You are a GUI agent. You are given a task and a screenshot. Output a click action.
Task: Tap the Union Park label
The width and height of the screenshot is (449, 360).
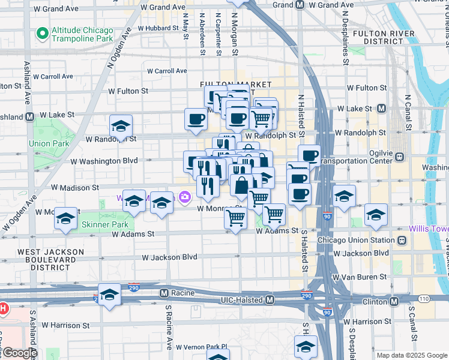tap(48, 143)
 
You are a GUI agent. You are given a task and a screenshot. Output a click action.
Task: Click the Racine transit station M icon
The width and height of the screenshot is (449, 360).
tap(163, 293)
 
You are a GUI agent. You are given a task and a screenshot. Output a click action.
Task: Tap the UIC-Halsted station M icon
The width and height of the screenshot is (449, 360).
tap(270, 299)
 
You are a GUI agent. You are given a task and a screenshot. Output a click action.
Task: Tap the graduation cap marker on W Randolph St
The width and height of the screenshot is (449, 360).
tap(121, 126)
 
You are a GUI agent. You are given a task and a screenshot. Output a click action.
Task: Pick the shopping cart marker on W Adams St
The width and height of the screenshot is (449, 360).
tap(235, 218)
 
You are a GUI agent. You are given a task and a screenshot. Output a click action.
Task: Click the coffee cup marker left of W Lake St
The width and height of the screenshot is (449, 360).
tap(196, 119)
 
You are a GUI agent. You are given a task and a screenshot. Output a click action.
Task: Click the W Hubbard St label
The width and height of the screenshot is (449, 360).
tap(158, 28)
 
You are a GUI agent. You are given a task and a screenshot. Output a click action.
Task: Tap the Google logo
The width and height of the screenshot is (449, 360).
tap(19, 353)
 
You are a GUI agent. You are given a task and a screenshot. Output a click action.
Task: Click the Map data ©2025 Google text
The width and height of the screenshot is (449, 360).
tap(412, 355)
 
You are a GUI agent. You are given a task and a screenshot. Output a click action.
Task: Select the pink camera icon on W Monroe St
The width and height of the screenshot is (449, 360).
tap(184, 196)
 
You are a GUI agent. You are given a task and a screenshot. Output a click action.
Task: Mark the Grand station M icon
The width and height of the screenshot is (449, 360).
tap(299, 5)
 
